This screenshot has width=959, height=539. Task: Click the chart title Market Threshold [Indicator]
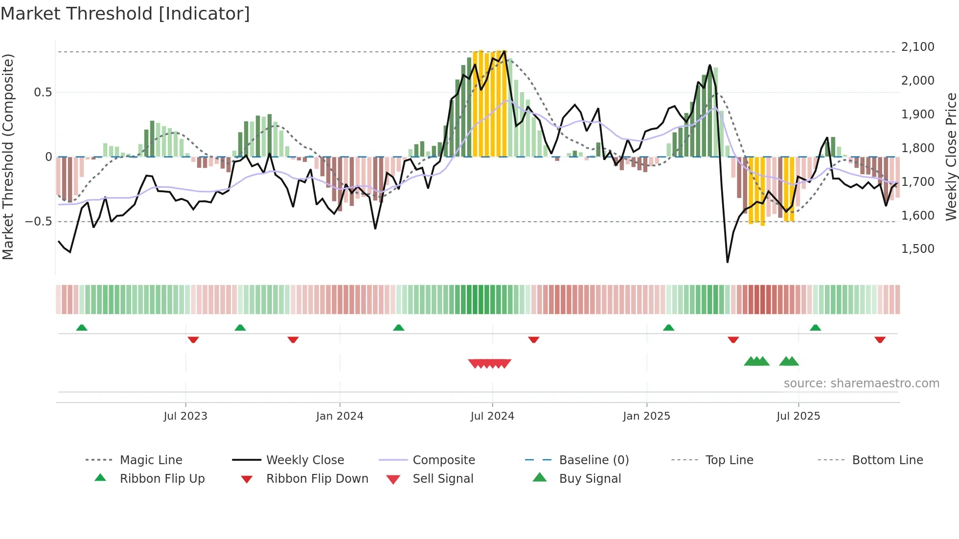(x=125, y=14)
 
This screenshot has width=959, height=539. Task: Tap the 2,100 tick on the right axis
(x=917, y=47)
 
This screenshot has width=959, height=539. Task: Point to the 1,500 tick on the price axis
(x=917, y=249)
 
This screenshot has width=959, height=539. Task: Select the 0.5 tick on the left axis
(x=43, y=92)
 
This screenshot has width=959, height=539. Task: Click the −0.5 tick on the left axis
(x=39, y=222)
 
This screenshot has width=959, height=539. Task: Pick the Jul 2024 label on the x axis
(x=492, y=416)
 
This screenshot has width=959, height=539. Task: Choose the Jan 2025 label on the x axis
(x=646, y=416)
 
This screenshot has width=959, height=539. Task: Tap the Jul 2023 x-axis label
(x=185, y=416)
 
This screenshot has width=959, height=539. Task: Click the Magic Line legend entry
(x=151, y=460)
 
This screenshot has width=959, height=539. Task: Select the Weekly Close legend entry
(x=305, y=460)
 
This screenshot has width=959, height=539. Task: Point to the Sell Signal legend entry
(x=443, y=479)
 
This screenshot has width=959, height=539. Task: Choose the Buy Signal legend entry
(x=590, y=479)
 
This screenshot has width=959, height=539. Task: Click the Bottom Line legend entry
(x=887, y=460)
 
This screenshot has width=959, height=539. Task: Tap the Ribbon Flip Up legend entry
(x=162, y=479)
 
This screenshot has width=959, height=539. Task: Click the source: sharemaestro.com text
(x=861, y=383)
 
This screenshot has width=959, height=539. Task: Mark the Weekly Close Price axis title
(x=951, y=157)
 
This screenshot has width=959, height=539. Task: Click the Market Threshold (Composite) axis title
(x=8, y=157)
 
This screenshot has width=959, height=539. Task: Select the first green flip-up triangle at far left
(x=82, y=328)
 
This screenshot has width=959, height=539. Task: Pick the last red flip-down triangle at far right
(x=880, y=339)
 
